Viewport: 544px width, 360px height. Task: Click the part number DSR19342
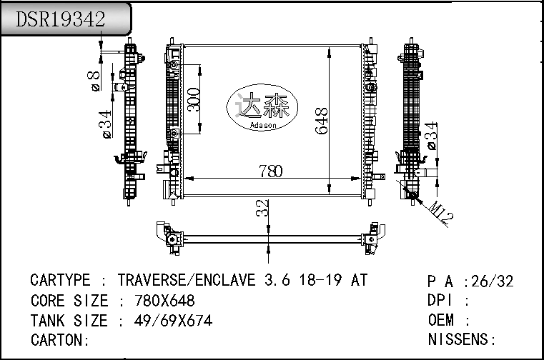60,19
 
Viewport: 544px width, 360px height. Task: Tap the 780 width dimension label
271,171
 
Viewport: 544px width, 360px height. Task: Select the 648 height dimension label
321,121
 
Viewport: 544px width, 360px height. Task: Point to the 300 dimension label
194,99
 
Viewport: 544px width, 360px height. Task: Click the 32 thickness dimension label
262,208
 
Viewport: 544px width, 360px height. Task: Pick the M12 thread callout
441,212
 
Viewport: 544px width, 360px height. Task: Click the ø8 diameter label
94,81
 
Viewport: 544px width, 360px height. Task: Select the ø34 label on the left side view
106,124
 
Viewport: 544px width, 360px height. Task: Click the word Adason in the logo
263,125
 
